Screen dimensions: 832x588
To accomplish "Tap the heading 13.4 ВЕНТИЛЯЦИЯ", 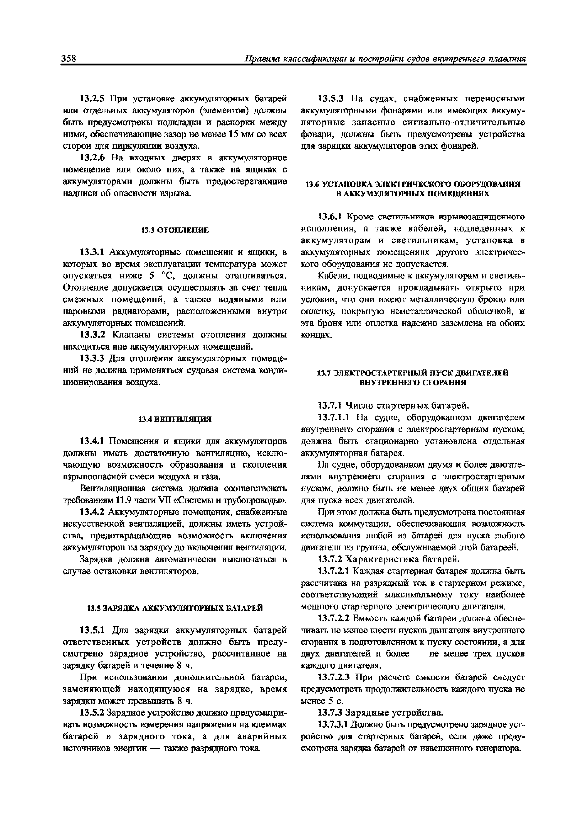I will click(x=175, y=419).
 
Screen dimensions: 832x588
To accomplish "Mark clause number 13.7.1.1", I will click(x=334, y=417).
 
